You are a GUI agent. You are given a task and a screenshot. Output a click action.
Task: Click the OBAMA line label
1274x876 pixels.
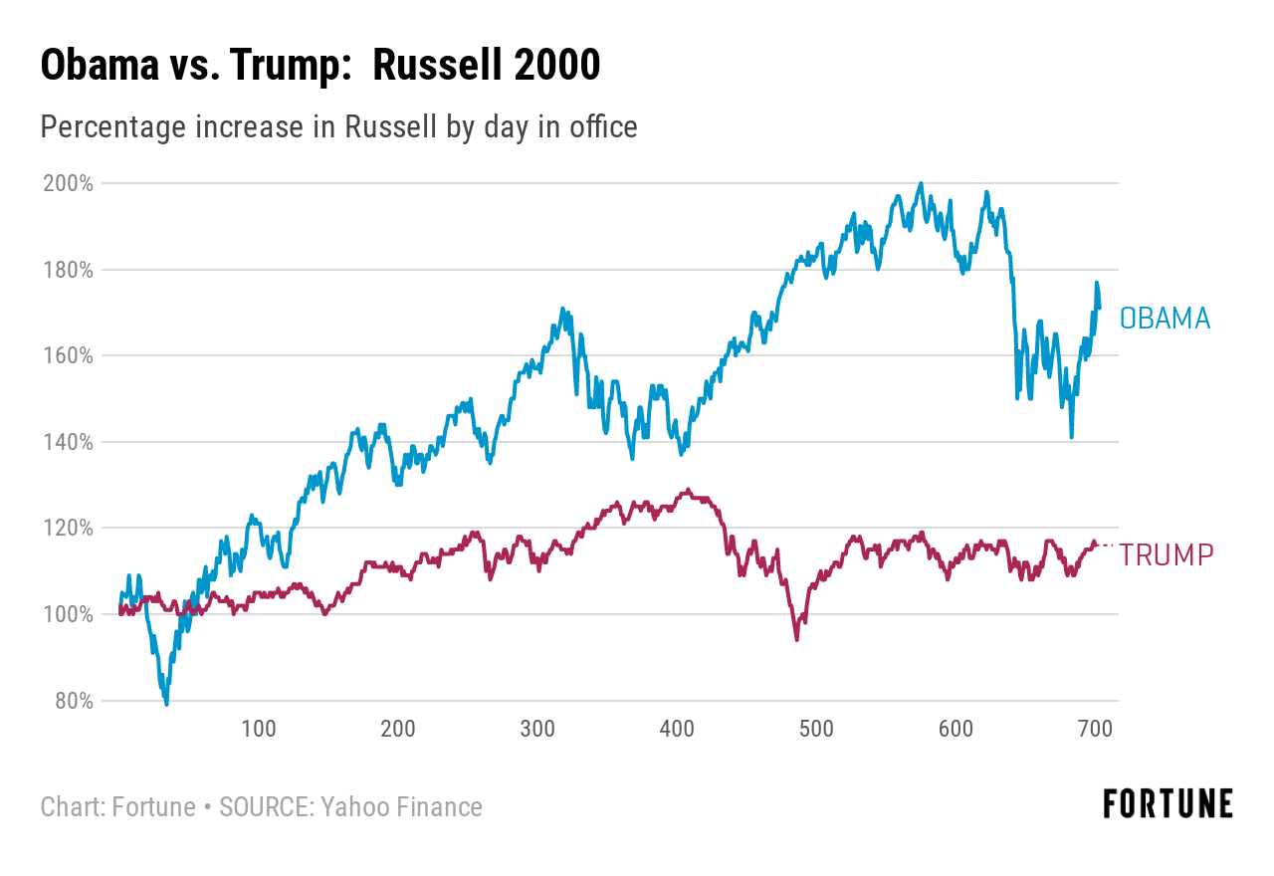1165,319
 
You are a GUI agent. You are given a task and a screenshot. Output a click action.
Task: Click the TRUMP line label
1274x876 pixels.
1167,555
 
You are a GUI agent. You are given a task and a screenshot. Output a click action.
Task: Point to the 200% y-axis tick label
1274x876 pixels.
69,183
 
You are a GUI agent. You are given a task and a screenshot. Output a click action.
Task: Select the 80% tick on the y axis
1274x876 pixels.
73,701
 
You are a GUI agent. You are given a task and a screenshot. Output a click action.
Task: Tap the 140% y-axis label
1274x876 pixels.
69,442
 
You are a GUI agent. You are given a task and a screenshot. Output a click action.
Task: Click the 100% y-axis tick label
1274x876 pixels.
69,614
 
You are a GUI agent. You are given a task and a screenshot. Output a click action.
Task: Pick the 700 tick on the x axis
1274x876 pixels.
1095,729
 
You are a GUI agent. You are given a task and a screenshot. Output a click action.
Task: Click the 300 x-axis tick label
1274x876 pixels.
537,729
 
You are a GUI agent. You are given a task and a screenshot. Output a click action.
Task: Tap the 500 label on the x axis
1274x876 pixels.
816,729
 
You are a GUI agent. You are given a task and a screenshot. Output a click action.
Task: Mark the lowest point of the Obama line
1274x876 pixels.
166,704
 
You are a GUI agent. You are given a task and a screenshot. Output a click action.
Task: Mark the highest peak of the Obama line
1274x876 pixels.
921,184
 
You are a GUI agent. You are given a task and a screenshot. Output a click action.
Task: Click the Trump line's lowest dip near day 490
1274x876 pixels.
796,638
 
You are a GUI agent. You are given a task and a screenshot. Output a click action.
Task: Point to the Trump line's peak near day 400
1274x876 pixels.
686,491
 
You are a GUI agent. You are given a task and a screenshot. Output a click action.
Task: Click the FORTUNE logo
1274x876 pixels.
1168,803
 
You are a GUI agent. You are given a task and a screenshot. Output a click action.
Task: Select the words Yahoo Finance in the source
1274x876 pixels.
401,806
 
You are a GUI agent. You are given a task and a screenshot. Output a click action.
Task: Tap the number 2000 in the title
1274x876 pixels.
557,66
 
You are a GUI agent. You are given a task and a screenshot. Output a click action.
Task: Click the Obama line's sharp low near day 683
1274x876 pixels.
1071,436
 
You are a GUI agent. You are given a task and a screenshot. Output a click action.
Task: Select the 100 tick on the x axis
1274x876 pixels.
259,729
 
